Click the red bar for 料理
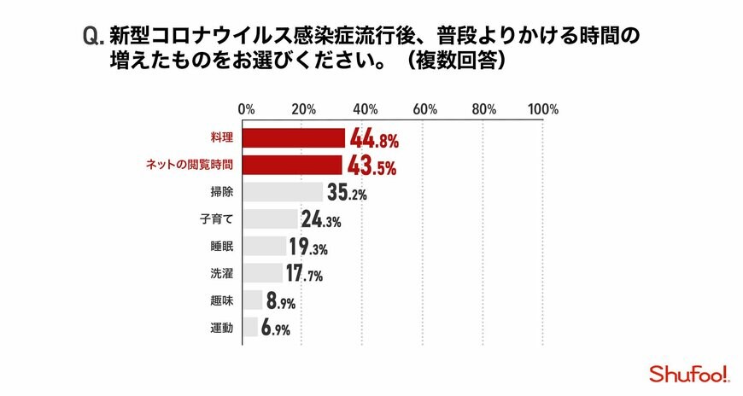(294, 138)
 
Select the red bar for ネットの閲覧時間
(293, 165)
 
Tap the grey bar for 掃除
(284, 192)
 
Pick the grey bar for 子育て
(271, 218)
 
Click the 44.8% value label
(374, 139)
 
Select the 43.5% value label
(371, 166)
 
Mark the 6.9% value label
(276, 328)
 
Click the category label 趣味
(221, 300)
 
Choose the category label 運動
(221, 328)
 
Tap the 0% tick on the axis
(246, 109)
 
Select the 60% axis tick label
(424, 109)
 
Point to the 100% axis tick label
(542, 109)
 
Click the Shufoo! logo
(688, 373)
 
